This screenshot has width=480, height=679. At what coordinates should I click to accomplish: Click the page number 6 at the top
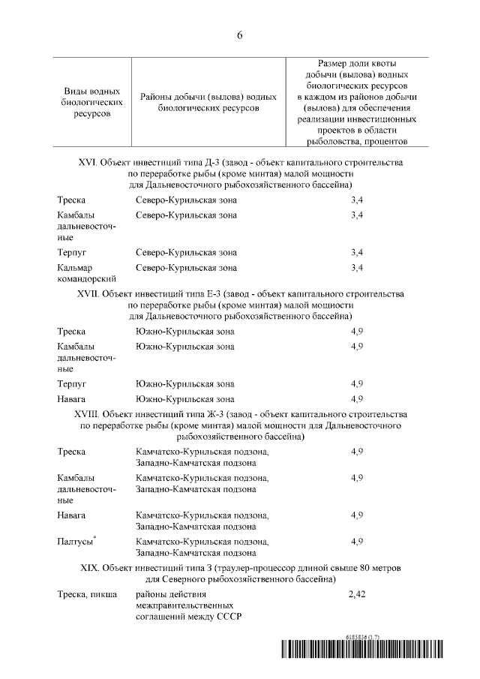pos(240,35)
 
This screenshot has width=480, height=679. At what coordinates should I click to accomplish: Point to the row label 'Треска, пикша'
pos(86,594)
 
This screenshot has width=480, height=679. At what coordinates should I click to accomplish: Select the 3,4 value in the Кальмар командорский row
pos(357,268)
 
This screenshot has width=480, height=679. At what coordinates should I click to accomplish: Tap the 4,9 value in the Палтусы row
pos(357,541)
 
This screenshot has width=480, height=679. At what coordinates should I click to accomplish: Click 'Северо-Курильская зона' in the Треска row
pos(186,200)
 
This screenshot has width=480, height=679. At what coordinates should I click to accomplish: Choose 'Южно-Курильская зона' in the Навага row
pos(184,398)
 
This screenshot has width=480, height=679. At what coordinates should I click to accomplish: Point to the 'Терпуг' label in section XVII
pos(72,383)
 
